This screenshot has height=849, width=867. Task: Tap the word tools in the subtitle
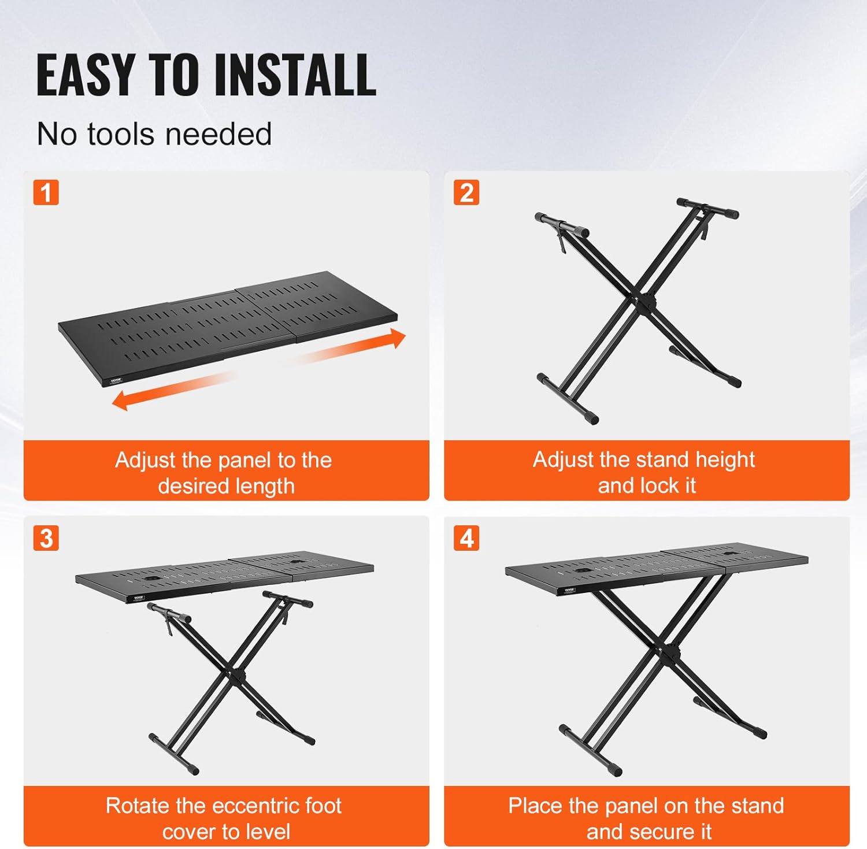tap(122, 134)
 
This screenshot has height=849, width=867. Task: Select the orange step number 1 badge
tap(46, 192)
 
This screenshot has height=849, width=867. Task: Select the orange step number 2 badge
tap(466, 192)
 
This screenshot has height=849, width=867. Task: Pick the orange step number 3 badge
tap(46, 538)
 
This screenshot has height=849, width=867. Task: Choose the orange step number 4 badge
tap(466, 538)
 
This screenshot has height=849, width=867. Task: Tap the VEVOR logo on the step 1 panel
tap(117, 380)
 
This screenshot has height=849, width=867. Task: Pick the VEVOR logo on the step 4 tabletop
tap(569, 590)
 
